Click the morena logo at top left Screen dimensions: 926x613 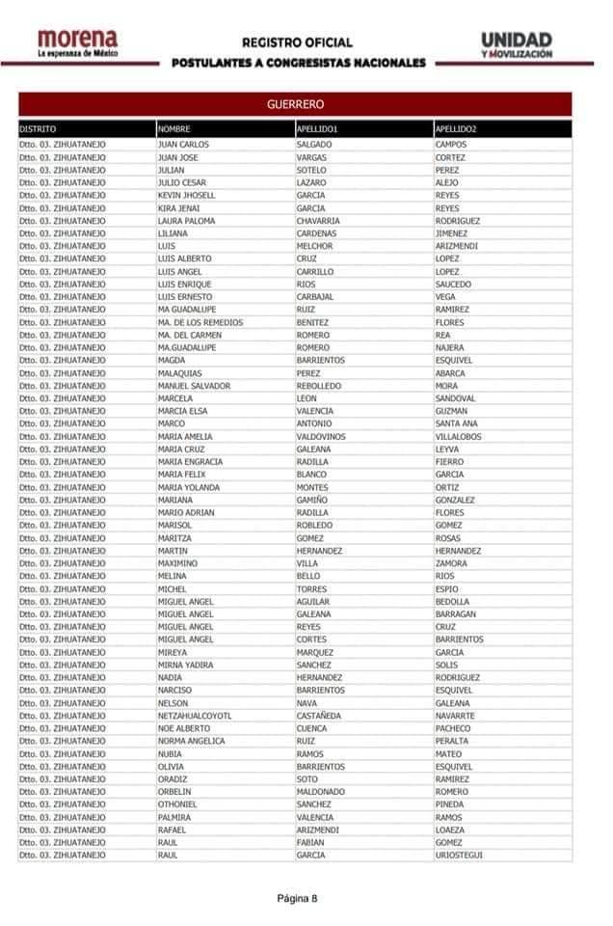(x=78, y=43)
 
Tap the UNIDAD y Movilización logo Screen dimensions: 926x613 (x=517, y=44)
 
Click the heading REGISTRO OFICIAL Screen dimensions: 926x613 (x=297, y=42)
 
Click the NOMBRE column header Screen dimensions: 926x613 (x=174, y=128)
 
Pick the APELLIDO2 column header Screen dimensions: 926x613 (x=456, y=128)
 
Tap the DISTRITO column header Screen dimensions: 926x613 (x=38, y=128)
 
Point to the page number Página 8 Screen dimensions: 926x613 (x=297, y=898)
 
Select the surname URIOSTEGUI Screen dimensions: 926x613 (x=460, y=855)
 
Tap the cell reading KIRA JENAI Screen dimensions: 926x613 (x=180, y=208)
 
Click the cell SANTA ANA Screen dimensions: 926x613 (x=456, y=423)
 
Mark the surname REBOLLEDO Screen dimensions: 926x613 (x=319, y=386)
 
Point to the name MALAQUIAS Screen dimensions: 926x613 (x=181, y=373)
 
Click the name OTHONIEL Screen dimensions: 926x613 (x=177, y=804)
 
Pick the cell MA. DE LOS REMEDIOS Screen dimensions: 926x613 (x=200, y=322)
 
